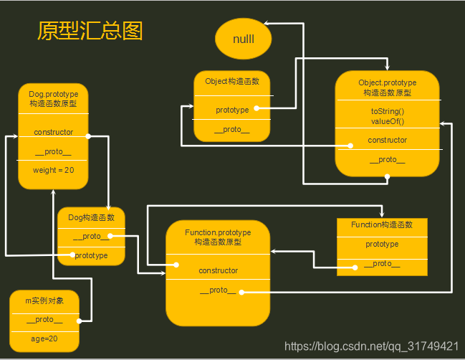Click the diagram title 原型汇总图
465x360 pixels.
(x=90, y=31)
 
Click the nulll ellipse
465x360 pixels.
(x=244, y=39)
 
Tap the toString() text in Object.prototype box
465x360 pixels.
(x=387, y=111)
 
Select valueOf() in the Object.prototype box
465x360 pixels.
(x=387, y=121)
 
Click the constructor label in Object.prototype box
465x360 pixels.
(x=387, y=140)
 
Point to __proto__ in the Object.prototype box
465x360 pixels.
(x=387, y=160)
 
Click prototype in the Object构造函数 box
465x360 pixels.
(x=232, y=110)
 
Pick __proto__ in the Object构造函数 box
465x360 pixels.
(x=232, y=129)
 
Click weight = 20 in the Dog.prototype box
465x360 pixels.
(x=52, y=170)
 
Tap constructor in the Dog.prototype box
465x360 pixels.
(x=53, y=132)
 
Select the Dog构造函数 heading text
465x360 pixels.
(x=90, y=217)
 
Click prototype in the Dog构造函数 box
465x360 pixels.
(x=91, y=255)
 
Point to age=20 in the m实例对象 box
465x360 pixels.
(x=44, y=338)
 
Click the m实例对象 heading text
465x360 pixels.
(x=44, y=300)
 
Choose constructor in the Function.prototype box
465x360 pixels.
(x=218, y=270)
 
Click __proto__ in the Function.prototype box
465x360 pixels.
(x=218, y=290)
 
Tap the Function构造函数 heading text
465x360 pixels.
(x=382, y=225)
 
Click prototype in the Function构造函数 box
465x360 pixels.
(x=382, y=245)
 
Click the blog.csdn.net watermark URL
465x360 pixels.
(x=371, y=346)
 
